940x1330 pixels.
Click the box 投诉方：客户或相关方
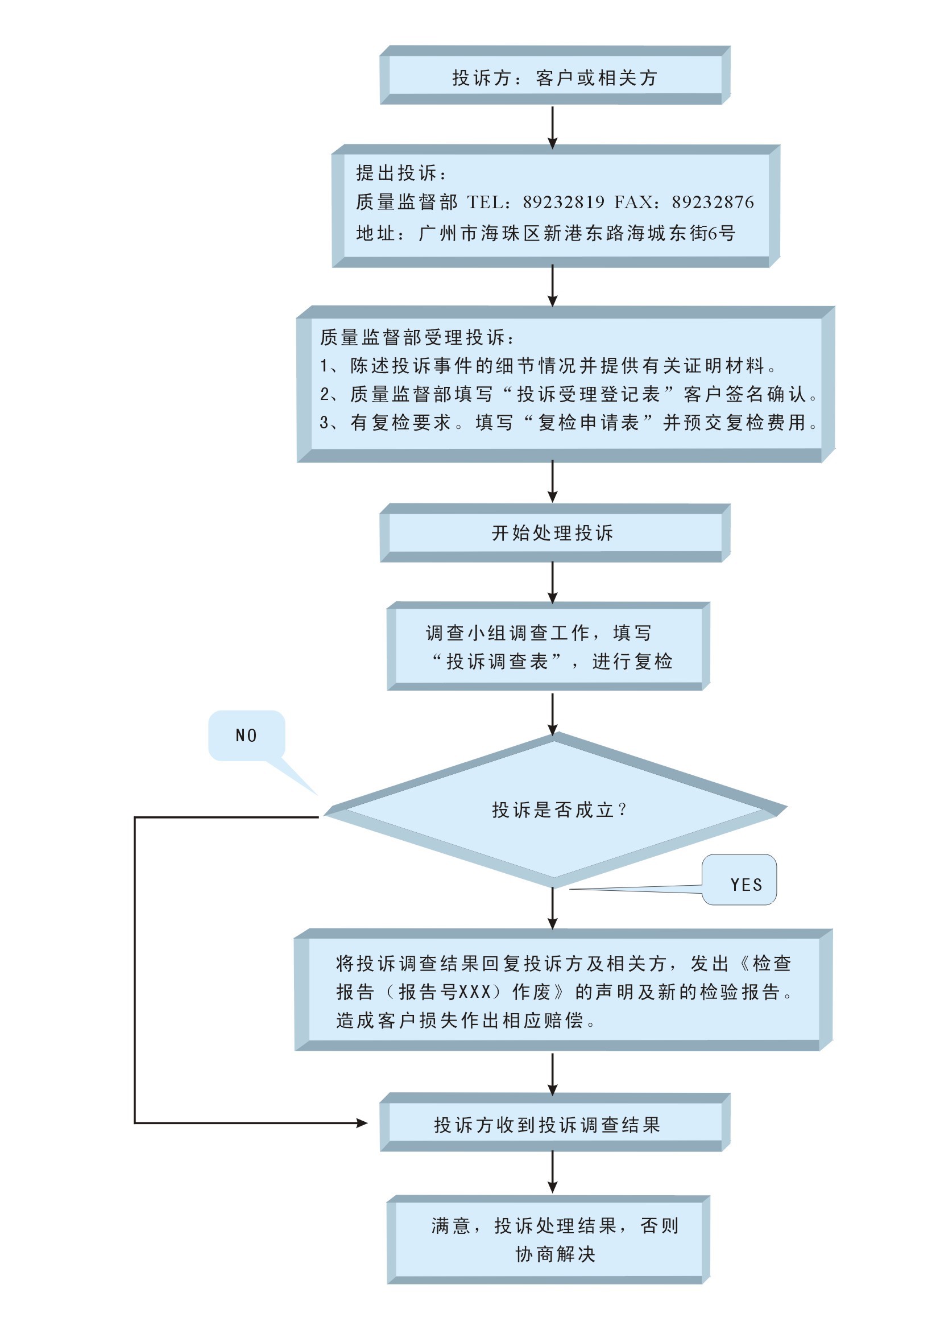pyautogui.click(x=555, y=75)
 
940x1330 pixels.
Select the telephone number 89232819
pyautogui.click(x=563, y=202)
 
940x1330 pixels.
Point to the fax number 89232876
pyautogui.click(x=713, y=202)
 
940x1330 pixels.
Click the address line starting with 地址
pyautogui.click(x=545, y=233)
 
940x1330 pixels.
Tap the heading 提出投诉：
pyautogui.click(x=401, y=172)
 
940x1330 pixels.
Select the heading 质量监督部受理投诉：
pyautogui.click(x=416, y=337)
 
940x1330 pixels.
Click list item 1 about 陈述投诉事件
pyautogui.click(x=548, y=366)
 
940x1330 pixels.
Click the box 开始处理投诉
pyautogui.click(x=555, y=533)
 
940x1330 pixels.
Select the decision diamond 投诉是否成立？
pyautogui.click(x=555, y=810)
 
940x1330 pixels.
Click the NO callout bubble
pyautogui.click(x=247, y=736)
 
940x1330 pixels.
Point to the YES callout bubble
pyautogui.click(x=740, y=880)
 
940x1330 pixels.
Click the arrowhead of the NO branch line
pyautogui.click(x=363, y=1123)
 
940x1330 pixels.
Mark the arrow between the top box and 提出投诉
pyautogui.click(x=553, y=127)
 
